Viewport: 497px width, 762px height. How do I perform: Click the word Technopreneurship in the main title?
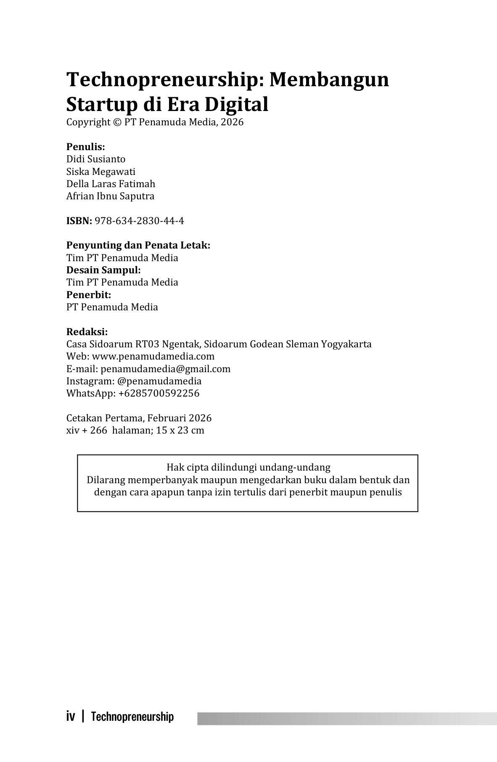[x=161, y=79]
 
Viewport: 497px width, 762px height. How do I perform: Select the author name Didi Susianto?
[x=96, y=159]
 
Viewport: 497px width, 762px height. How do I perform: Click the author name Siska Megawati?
[x=101, y=172]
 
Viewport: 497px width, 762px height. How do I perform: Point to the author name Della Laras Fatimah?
[x=111, y=184]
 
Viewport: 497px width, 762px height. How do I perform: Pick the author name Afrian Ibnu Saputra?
[x=110, y=196]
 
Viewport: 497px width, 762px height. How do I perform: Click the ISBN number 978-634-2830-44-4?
[x=139, y=221]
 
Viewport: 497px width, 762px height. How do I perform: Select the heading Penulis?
[x=85, y=147]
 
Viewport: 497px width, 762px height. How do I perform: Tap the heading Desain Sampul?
[x=103, y=270]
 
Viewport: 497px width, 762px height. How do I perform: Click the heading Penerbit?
[x=89, y=295]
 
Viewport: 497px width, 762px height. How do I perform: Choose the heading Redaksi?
[x=87, y=332]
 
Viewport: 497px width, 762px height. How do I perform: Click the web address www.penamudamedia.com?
[x=153, y=356]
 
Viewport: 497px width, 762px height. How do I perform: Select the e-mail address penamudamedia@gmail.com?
[x=166, y=369]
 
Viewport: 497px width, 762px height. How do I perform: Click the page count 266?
[x=98, y=430]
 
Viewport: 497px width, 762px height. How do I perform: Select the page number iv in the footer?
[x=71, y=717]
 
